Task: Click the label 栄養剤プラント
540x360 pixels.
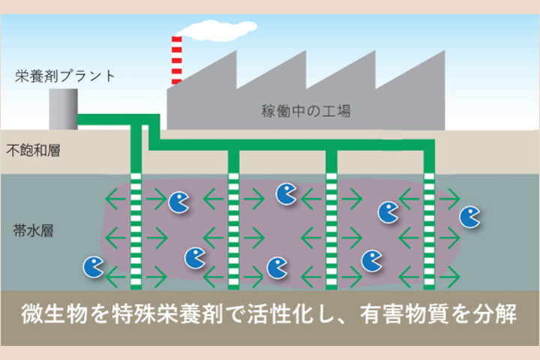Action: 64,76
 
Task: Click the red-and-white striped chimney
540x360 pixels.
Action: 176,60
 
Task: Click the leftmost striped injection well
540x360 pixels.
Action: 136,229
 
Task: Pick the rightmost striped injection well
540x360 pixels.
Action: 429,229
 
